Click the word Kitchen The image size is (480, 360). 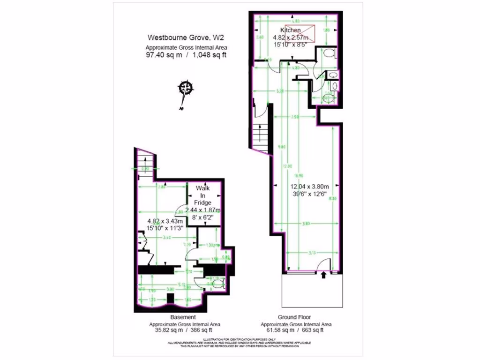coord(291,30)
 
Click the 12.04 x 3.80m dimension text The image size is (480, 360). coord(309,187)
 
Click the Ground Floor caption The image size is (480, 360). coord(296,317)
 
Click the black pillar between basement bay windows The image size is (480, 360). coord(170,298)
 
